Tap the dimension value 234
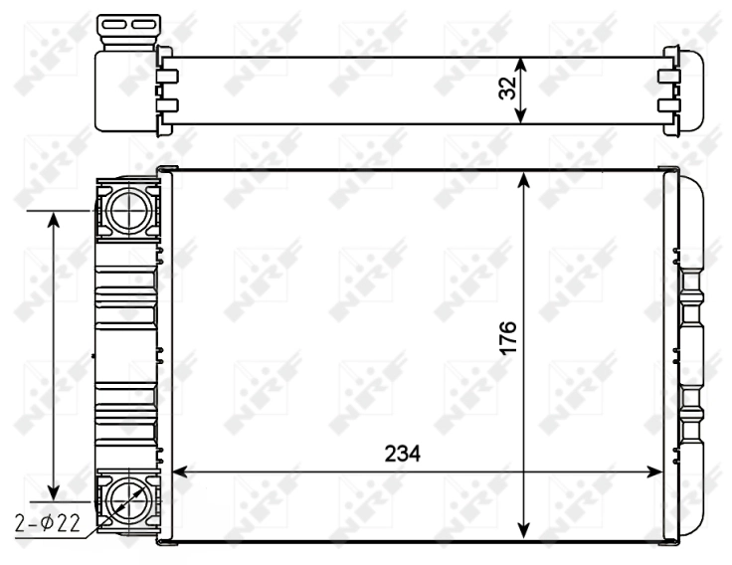(403, 454)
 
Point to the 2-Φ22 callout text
(47, 520)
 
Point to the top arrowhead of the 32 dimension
(520, 63)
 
